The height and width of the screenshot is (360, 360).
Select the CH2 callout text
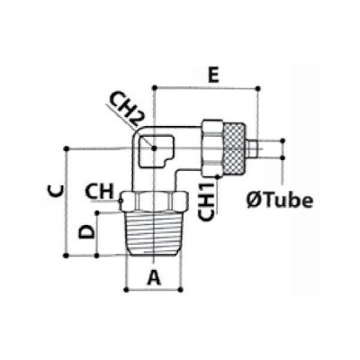tap(129, 110)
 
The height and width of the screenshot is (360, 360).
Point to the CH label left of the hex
tap(99, 191)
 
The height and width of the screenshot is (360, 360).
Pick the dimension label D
tap(86, 232)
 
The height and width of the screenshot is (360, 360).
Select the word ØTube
tap(280, 200)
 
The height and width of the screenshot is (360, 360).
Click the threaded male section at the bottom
tap(154, 235)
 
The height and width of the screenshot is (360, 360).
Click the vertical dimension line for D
tap(98, 234)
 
